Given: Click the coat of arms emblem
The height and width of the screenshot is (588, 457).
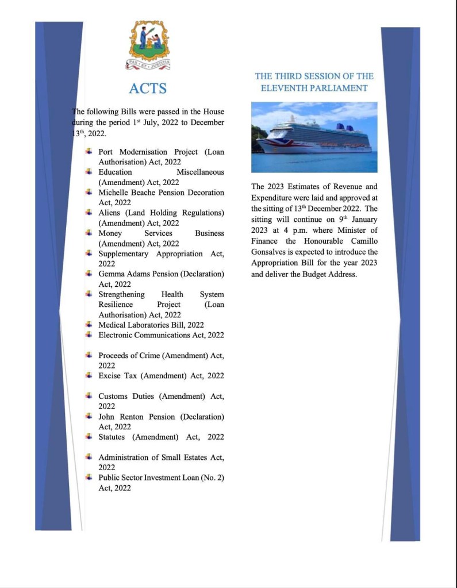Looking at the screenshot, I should click(x=149, y=44).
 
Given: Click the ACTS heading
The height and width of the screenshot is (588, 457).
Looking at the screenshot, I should click(x=148, y=88).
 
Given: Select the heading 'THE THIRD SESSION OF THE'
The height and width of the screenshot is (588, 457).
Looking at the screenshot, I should click(x=314, y=76).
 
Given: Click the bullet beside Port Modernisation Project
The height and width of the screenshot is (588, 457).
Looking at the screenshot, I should click(x=89, y=151).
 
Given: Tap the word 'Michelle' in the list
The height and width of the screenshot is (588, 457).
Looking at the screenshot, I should click(x=114, y=193).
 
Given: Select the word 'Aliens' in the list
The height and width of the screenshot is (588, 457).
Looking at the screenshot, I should click(x=109, y=213).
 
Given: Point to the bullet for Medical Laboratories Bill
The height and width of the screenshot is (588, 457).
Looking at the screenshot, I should click(x=89, y=324).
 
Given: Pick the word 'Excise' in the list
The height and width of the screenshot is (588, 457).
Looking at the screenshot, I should click(x=109, y=376).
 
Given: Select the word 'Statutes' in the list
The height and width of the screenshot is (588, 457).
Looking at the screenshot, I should click(x=113, y=437).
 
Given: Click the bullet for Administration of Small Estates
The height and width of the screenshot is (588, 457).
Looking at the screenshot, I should click(x=89, y=457).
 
